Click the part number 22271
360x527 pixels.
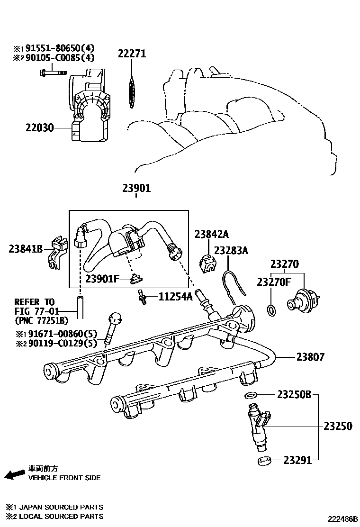coord(132,54)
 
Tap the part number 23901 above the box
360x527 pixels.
coord(136,188)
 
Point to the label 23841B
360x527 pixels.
coord(26,248)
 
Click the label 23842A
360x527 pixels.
coord(211,234)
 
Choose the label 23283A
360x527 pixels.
coord(231,250)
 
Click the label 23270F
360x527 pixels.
coord(273,282)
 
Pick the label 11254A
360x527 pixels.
coord(175,297)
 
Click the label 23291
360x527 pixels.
coord(298,460)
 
